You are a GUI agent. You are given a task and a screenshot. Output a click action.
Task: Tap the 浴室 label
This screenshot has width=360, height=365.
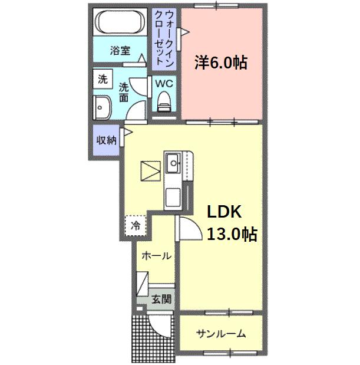(120, 51)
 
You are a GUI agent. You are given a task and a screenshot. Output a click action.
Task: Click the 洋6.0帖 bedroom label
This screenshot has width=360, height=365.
(221, 63)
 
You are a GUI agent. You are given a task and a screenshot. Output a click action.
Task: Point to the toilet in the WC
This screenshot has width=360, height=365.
(164, 101)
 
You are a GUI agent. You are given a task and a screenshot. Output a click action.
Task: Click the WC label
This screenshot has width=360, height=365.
(164, 84)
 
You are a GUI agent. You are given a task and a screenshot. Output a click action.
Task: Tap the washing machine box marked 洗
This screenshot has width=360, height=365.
(103, 79)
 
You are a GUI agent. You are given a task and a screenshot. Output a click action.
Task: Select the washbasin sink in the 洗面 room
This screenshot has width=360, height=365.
(102, 107)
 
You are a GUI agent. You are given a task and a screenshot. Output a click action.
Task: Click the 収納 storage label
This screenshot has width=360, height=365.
(106, 140)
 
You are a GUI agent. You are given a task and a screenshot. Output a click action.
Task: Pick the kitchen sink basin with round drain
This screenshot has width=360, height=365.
(173, 163)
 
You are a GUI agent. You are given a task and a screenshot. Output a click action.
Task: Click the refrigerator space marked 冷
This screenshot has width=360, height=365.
(136, 225)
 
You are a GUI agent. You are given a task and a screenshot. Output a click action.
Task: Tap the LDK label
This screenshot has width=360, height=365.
(224, 212)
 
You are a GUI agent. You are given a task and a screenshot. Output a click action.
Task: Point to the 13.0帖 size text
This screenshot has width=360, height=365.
(232, 234)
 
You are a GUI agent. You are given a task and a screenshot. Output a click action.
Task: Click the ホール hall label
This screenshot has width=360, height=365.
(156, 256)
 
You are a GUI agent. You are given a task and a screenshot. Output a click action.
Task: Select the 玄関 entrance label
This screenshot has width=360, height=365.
(161, 299)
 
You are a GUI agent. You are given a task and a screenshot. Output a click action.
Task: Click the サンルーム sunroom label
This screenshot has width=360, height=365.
(221, 334)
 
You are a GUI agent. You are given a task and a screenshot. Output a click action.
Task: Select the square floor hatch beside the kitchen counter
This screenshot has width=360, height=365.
(150, 171)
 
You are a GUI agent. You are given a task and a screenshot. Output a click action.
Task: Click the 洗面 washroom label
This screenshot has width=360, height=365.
(124, 93)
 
